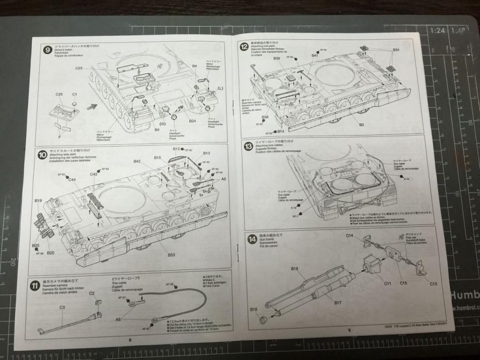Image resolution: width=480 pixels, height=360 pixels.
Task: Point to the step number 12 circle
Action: click(x=244, y=47)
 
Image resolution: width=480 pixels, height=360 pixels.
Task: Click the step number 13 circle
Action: click(x=248, y=146)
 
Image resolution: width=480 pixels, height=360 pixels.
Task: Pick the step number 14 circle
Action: click(x=252, y=239)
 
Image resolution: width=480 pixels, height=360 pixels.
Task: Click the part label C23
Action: click(x=78, y=68)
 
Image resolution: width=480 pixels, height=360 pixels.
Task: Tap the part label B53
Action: click(x=172, y=255)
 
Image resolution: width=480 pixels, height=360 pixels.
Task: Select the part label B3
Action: click(x=361, y=125)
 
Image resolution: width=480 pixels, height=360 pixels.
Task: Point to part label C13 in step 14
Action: click(x=433, y=284)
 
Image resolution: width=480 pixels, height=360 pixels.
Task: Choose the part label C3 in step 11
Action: click(x=62, y=307)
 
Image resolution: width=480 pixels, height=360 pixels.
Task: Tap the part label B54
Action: click(x=396, y=50)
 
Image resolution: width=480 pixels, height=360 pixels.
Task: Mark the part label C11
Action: click(x=387, y=283)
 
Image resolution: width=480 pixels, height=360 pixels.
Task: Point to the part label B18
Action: click(x=295, y=269)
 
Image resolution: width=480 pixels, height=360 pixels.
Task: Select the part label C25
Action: click(x=59, y=94)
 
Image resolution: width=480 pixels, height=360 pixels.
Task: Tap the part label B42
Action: click(x=137, y=162)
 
